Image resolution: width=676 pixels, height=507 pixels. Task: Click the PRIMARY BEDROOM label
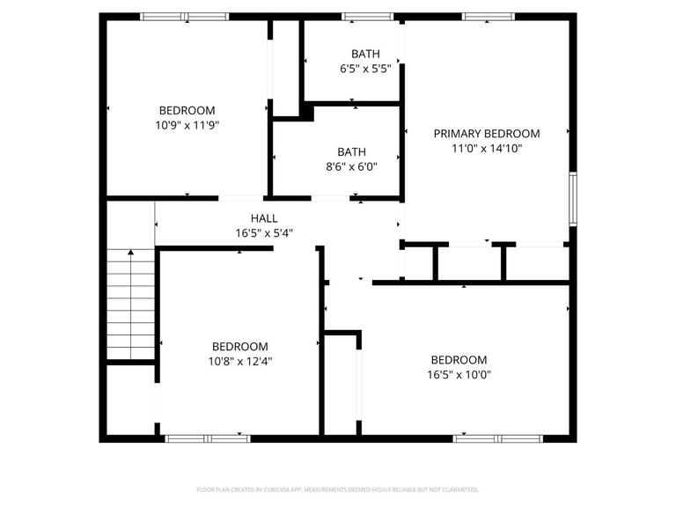coord(487,134)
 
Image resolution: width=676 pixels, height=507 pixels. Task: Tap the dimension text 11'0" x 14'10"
coord(487,149)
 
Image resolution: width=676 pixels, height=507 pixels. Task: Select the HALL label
coord(263,218)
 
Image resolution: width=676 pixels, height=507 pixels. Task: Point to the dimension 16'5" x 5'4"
coord(263,233)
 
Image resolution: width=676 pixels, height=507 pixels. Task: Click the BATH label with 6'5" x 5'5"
coord(365,53)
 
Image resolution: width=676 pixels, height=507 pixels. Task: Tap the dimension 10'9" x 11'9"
coord(186,125)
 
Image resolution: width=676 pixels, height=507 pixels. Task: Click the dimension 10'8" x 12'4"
coord(239,361)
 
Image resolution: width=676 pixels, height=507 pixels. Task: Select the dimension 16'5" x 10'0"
coord(458,374)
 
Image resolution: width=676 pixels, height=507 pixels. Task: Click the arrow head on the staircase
coord(131,253)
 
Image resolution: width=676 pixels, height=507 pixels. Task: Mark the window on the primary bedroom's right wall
coord(572,198)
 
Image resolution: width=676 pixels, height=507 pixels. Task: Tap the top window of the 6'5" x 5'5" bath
coord(367,16)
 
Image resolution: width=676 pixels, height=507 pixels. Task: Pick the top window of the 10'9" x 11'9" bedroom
coord(185,16)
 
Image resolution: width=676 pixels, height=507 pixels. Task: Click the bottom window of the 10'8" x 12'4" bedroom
coord(208,437)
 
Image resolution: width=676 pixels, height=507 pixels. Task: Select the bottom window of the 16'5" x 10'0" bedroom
coord(499,437)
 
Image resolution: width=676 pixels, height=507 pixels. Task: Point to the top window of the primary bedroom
coord(489,16)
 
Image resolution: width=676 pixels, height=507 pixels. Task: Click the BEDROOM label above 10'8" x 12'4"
coord(239,347)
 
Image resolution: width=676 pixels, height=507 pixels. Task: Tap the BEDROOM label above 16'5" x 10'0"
coord(458,360)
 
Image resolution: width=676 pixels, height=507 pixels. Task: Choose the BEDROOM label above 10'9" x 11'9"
coord(186,110)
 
